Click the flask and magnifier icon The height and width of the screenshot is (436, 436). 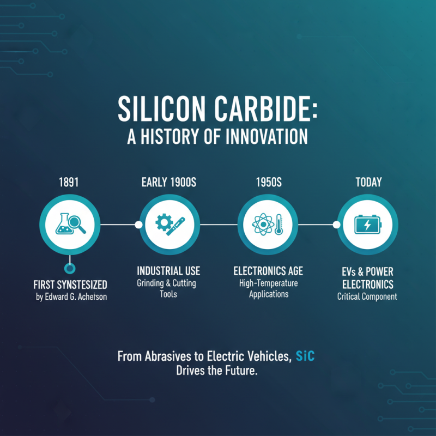69,224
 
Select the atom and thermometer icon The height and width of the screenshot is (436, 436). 268,224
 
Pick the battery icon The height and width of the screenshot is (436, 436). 368,224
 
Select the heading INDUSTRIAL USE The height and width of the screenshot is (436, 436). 168,271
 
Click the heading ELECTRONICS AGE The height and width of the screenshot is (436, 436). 268,271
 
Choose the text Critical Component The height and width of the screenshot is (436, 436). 367,297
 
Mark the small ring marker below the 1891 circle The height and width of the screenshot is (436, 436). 69,268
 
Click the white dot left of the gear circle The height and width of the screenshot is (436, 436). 138,224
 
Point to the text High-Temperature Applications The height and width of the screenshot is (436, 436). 268,289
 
